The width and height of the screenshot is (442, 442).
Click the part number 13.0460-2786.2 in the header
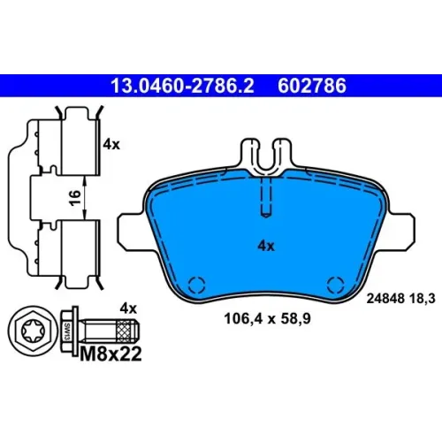182,86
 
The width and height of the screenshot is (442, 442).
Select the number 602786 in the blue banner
312,86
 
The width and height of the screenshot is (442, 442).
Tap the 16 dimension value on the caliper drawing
75,197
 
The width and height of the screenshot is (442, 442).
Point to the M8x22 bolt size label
110,354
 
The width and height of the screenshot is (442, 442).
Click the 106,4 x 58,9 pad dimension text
267,319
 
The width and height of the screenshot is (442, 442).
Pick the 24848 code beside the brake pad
385,299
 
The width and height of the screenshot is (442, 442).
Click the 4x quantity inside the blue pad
266,246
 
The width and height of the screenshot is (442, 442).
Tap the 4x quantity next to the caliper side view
111,145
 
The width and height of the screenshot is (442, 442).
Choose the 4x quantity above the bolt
128,309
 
